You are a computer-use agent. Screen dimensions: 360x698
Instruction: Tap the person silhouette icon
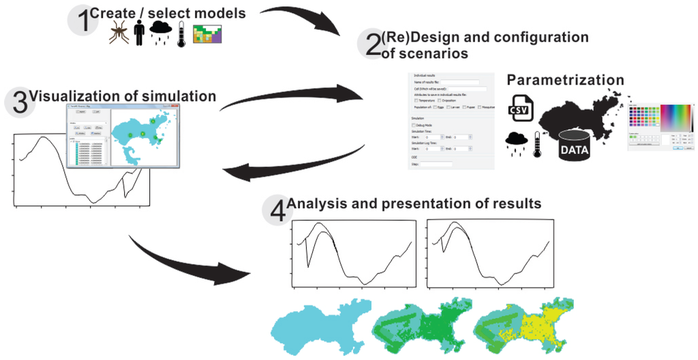click(x=140, y=33)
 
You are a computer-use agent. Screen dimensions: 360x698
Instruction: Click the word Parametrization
click(x=565, y=80)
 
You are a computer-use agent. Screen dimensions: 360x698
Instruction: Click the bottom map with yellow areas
click(x=525, y=325)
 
